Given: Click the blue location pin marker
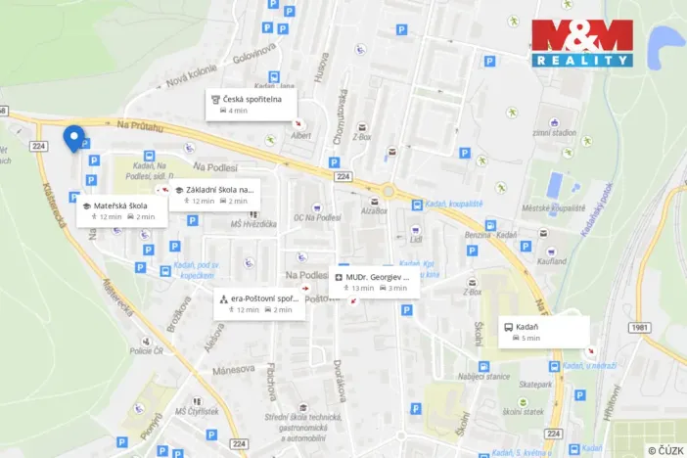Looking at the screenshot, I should point(72,138).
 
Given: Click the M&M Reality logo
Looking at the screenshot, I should point(581,44).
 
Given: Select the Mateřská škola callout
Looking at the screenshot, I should point(121,210).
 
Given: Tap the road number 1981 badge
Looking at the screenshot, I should point(640,328).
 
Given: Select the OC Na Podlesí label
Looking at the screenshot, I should point(316,216).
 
